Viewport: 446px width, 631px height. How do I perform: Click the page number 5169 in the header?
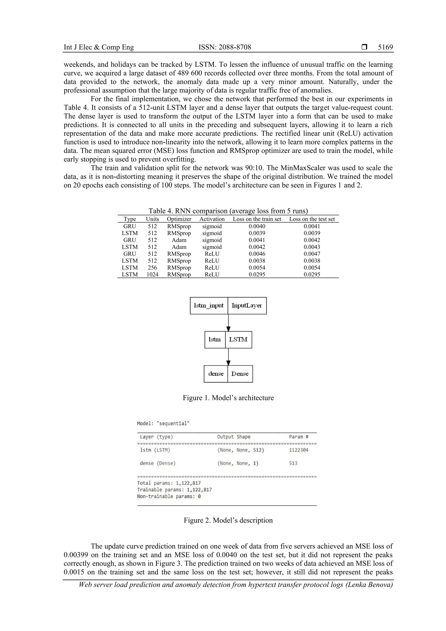[385, 47]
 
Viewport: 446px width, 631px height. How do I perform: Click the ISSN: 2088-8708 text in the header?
[225, 47]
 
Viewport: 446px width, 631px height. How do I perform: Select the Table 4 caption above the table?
[228, 211]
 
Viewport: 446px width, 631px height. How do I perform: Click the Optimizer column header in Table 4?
[179, 219]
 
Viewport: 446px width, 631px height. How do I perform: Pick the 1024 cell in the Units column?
[152, 274]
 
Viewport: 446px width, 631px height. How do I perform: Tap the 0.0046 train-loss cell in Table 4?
[257, 254]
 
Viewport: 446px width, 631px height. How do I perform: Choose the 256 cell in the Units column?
[152, 267]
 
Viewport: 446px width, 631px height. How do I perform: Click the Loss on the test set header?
[312, 219]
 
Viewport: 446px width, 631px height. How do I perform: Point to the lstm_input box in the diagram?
[209, 306]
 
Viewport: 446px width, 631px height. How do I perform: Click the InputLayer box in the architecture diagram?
[247, 306]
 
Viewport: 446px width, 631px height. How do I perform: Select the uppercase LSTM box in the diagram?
[238, 340]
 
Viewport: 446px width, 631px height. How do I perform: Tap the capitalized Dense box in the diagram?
[240, 374]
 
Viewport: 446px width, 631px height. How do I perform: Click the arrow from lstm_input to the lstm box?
[228, 323]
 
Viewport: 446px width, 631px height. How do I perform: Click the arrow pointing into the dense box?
[228, 357]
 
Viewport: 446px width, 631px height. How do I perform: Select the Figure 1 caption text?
[228, 398]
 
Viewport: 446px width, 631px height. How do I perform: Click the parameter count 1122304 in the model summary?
[298, 450]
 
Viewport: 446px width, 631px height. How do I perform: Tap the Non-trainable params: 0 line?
[169, 496]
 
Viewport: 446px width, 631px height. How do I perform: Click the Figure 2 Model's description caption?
[228, 520]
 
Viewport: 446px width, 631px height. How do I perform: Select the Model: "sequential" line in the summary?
[163, 423]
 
